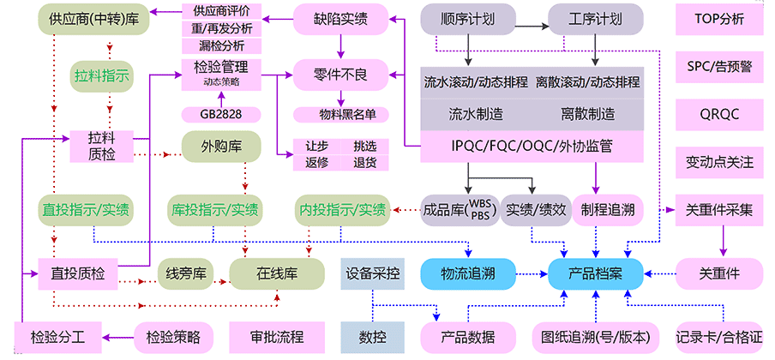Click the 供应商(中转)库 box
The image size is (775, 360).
82,19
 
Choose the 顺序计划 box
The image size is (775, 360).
468,19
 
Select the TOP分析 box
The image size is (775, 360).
719,19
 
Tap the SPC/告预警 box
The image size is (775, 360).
719,66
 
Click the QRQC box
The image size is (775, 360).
719,114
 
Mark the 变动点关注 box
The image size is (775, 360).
719,161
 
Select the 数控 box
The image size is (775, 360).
373,335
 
